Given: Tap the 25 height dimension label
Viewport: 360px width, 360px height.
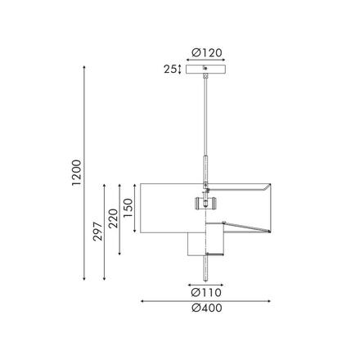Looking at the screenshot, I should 171,70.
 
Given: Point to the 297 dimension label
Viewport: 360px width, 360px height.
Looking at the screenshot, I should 97,231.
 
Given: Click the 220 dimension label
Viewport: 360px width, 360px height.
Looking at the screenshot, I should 114,222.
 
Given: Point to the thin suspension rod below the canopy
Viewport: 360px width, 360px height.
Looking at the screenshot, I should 205,115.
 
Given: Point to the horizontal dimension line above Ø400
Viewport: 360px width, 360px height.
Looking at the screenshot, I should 206,300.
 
